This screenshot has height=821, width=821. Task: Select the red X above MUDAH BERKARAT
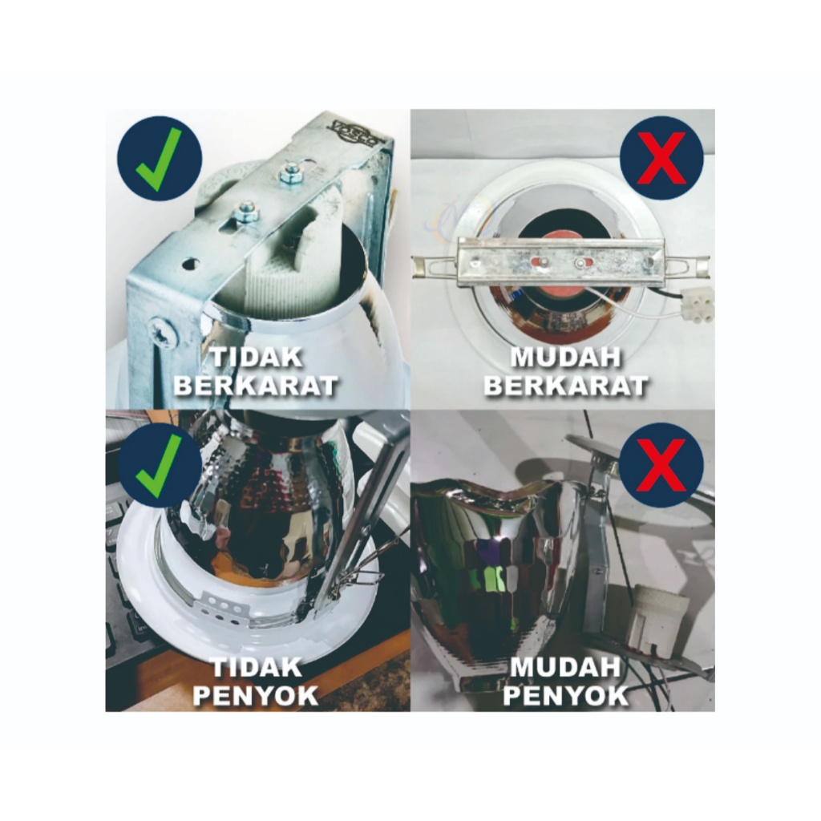[x=661, y=158]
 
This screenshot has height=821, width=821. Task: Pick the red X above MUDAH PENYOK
[x=661, y=465]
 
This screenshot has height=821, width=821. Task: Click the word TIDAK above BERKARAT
[x=257, y=358]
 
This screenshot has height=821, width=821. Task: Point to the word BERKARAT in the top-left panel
[x=256, y=386]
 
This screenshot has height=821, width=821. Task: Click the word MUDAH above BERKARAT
[x=565, y=358]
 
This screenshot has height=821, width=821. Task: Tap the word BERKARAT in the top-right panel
[x=566, y=386]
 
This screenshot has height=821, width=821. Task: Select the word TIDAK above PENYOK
[x=257, y=668]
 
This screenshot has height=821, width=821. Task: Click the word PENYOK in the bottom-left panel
[x=256, y=696]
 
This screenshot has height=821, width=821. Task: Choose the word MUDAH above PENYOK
[x=565, y=668]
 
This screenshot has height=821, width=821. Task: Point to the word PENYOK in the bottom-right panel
[x=566, y=696]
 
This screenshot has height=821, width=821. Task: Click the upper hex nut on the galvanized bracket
[x=288, y=174]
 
